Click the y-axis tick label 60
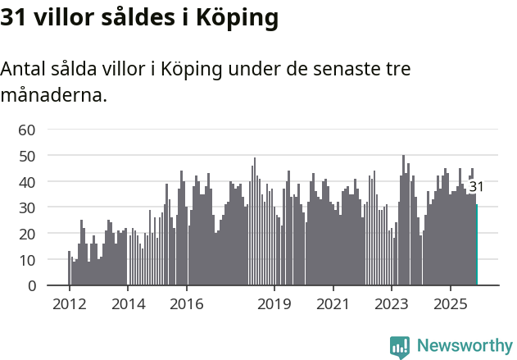(27, 130)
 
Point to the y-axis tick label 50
(27, 156)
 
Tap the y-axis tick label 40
(27, 181)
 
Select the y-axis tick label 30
(27, 207)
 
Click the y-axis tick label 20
(27, 234)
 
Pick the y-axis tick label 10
(27, 260)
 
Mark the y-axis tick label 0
(31, 286)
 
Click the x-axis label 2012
(69, 304)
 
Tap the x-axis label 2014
(128, 304)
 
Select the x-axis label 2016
(187, 304)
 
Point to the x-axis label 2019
(274, 304)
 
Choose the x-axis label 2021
(333, 304)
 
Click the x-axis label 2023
(392, 304)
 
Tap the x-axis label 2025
(451, 304)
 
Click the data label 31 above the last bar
(476, 187)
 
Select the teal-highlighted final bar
(477, 246)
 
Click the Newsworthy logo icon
(400, 347)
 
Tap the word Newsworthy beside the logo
(464, 346)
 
